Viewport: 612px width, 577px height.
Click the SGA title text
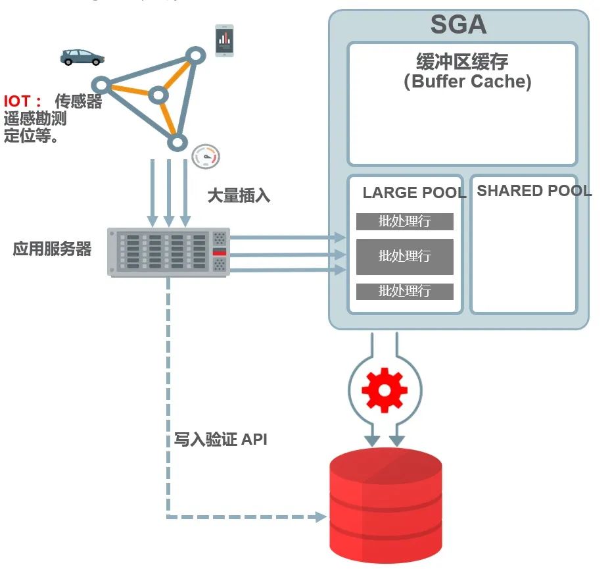pos(458,25)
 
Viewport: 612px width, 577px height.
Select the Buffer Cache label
pos(467,72)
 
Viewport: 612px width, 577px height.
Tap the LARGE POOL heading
pos(414,193)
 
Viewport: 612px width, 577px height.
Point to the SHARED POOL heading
pos(534,191)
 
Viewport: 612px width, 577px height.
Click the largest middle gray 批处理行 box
pos(405,256)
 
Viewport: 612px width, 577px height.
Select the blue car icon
pos(82,57)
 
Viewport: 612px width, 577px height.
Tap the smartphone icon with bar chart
pos(225,41)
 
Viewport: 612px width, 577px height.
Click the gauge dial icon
pos(206,157)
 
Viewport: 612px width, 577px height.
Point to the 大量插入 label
pos(239,195)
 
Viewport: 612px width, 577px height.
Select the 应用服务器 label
pos(52,250)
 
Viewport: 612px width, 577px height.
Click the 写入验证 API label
pos(221,439)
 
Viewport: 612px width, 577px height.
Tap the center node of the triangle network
pos(157,96)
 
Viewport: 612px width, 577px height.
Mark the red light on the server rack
pos(220,252)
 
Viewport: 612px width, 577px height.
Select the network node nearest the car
pos(101,84)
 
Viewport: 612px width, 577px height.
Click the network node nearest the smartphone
pos(195,54)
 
